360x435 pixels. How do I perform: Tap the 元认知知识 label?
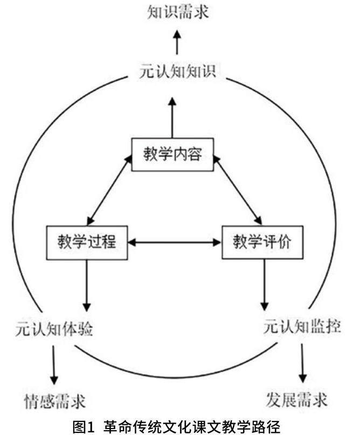tap(177, 72)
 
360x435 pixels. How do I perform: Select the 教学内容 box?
tap(172, 155)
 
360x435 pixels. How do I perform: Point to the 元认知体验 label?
tap(54, 328)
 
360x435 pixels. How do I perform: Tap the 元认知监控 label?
tap(302, 327)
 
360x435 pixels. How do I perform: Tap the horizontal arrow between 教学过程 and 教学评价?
tap(175, 242)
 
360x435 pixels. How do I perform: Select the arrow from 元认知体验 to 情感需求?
tap(54, 364)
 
